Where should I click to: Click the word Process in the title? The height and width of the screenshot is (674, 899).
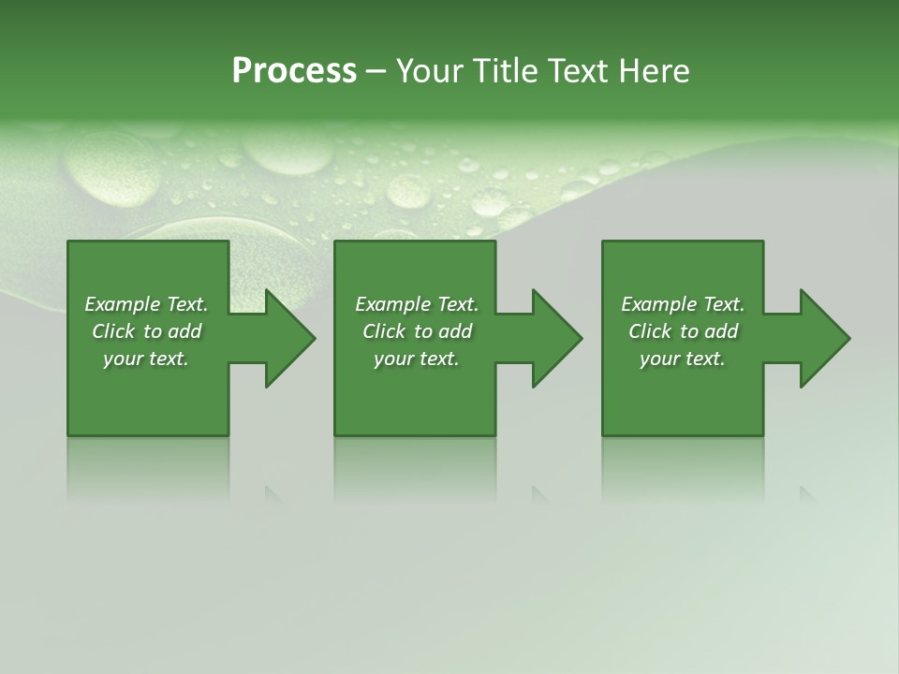click(294, 71)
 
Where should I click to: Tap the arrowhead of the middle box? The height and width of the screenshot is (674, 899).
click(562, 338)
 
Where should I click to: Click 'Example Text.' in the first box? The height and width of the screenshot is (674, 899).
click(146, 304)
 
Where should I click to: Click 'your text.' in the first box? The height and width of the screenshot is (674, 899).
click(146, 359)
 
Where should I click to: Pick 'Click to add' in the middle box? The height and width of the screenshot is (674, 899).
click(417, 331)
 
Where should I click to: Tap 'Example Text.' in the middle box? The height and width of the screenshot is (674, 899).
click(417, 304)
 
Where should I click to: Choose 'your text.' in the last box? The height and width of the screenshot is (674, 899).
click(683, 359)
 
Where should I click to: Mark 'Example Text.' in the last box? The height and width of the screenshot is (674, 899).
click(683, 304)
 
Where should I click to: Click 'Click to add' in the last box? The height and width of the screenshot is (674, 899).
click(683, 331)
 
